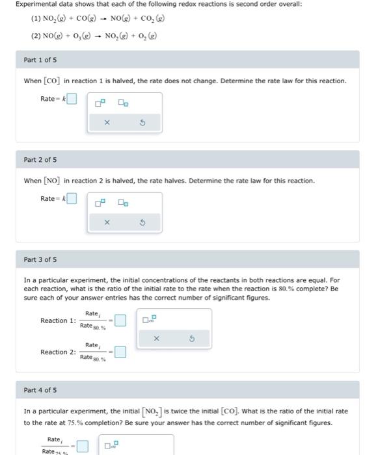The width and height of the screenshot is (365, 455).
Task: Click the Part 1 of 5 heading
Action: tap(40, 60)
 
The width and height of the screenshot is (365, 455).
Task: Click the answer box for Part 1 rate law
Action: tap(72, 99)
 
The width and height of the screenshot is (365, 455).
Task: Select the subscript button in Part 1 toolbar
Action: tap(123, 103)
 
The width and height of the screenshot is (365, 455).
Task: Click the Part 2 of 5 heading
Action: tap(40, 160)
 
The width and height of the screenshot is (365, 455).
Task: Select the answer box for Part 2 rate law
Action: tap(72, 199)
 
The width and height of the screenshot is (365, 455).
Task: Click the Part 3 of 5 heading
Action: tap(40, 260)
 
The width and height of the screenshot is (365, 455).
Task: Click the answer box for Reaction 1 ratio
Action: tap(120, 320)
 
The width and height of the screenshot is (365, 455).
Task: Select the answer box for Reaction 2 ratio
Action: tap(120, 352)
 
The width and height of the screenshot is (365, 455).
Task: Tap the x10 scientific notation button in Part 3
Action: tap(150, 319)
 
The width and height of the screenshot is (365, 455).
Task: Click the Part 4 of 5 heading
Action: tap(40, 390)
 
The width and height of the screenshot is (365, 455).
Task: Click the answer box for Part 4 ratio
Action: tap(82, 446)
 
